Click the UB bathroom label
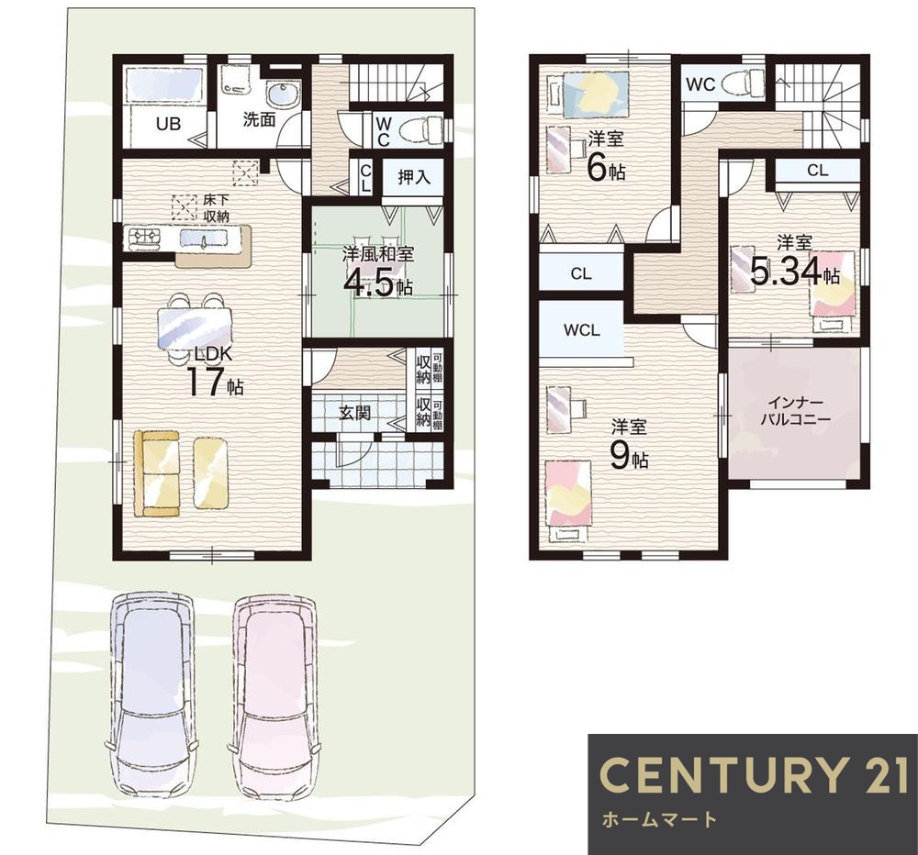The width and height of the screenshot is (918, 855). pos(168,124)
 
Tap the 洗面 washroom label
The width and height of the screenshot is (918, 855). pos(260,120)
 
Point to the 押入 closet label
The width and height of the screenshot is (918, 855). pos(414,177)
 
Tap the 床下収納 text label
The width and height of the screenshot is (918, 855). pos(216,207)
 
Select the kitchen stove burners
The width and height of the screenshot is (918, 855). pos(146,237)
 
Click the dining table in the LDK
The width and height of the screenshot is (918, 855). pos(195,328)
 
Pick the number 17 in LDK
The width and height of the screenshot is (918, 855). pos(206,383)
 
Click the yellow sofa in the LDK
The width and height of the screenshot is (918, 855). pos(156,473)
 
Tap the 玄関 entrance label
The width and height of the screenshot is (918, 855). pos(354,413)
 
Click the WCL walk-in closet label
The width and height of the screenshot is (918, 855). pos(582,330)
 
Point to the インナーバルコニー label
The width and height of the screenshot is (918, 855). pos(796,411)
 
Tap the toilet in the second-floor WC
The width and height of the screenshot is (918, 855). pos(744,83)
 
